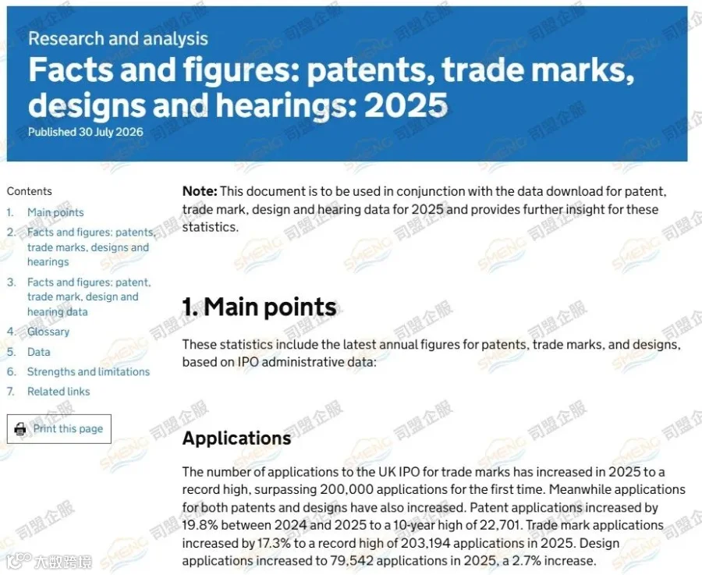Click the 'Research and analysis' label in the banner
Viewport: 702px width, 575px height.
(x=119, y=39)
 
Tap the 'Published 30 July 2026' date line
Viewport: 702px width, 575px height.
(x=86, y=132)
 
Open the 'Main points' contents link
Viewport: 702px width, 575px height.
(x=55, y=212)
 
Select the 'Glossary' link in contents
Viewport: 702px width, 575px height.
(x=48, y=332)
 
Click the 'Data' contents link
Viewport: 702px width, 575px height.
(x=38, y=352)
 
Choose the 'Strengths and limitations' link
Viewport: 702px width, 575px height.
(x=89, y=371)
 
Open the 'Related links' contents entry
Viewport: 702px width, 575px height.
(x=58, y=392)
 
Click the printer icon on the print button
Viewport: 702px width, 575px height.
(x=20, y=429)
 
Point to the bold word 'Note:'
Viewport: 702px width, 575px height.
(x=200, y=191)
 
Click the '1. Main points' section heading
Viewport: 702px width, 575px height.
(x=259, y=307)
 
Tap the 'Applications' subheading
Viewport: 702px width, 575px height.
(x=237, y=438)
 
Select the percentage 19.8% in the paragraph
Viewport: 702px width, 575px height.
(x=200, y=525)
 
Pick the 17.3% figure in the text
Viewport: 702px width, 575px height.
(x=274, y=543)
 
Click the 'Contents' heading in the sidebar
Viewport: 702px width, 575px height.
(x=30, y=191)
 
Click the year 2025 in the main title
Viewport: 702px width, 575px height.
(x=406, y=105)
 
